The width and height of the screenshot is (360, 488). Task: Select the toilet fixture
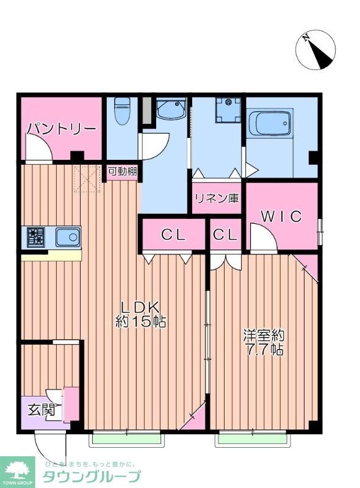coord(122,111)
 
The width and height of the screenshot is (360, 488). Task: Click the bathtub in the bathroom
coord(269,124)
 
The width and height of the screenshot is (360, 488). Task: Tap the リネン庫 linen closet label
coord(216,198)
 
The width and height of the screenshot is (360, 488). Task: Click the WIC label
coord(281,216)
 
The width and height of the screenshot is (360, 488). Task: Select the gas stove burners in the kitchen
coord(35,237)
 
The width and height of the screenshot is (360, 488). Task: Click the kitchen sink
coord(68,236)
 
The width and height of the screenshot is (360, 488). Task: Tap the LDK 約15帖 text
coord(140,314)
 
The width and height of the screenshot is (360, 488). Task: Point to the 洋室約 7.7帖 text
coord(264,343)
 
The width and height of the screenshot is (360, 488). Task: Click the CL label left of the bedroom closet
coord(173,234)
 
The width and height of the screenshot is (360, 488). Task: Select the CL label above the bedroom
coord(225,234)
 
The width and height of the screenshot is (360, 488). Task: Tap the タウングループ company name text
coord(92,476)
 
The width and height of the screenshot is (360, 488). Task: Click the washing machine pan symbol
coord(228,110)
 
